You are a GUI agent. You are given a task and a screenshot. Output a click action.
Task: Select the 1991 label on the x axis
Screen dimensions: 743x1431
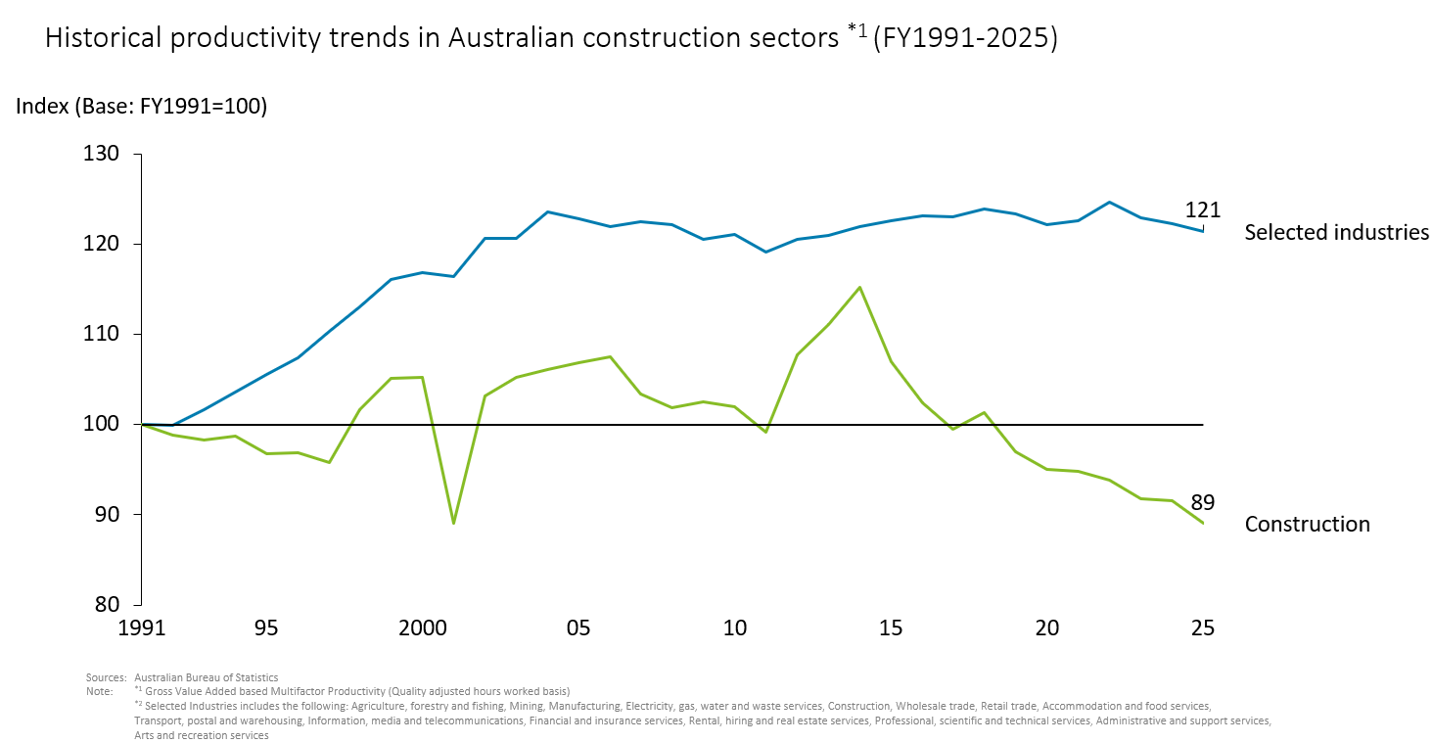pyautogui.click(x=142, y=628)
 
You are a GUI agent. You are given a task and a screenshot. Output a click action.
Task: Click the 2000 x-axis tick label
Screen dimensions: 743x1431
pyautogui.click(x=423, y=628)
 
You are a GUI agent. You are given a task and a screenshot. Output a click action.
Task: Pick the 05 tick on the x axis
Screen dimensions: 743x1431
pyautogui.click(x=578, y=628)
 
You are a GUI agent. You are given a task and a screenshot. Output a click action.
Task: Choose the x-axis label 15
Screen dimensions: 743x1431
pyautogui.click(x=891, y=628)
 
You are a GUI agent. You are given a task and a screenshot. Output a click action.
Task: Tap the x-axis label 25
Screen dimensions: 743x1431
pyautogui.click(x=1203, y=628)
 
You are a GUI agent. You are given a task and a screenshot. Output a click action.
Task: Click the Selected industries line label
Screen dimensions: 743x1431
pyautogui.click(x=1336, y=233)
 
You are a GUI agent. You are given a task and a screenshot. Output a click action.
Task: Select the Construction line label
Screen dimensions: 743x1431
pyautogui.click(x=1307, y=525)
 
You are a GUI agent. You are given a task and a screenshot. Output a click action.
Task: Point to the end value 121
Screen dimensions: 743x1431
pyautogui.click(x=1202, y=209)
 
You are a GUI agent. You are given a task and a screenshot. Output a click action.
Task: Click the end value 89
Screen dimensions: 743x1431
pyautogui.click(x=1203, y=503)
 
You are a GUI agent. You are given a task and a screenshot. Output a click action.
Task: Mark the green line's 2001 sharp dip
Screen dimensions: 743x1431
pyautogui.click(x=454, y=523)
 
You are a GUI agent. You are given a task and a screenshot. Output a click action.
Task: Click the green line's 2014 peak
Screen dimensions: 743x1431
pyautogui.click(x=859, y=288)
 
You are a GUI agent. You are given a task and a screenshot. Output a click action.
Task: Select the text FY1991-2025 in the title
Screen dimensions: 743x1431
pyautogui.click(x=964, y=39)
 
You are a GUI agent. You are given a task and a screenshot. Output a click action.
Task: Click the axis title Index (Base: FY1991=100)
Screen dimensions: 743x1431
pyautogui.click(x=141, y=107)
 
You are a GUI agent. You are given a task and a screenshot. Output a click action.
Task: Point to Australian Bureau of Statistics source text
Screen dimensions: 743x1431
pyautogui.click(x=206, y=677)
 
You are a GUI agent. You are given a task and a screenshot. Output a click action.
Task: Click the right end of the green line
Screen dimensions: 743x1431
pyautogui.click(x=1202, y=523)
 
